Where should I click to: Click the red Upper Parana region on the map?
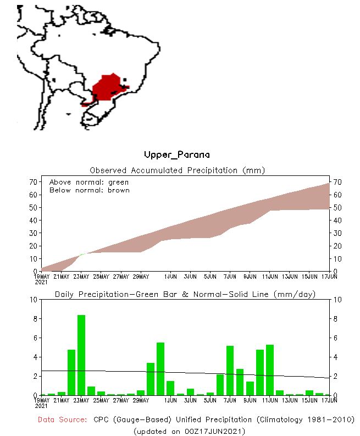click(x=109, y=88)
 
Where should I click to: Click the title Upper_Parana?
click(x=176, y=155)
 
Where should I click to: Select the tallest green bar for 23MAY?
click(x=81, y=355)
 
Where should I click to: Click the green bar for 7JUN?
click(x=230, y=370)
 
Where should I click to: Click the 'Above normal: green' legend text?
click(x=88, y=182)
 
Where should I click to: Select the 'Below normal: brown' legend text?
click(x=90, y=190)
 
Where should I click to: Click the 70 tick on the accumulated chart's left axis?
click(x=34, y=182)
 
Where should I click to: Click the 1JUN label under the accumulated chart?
click(x=170, y=277)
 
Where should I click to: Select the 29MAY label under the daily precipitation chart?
click(x=141, y=400)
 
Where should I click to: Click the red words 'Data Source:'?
click(x=62, y=420)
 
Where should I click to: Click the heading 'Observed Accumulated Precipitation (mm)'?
click(x=177, y=170)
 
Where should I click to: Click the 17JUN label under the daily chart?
click(x=329, y=400)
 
